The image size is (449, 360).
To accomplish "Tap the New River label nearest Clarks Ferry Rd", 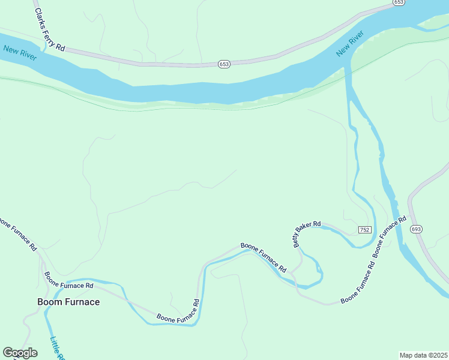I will click(19, 53).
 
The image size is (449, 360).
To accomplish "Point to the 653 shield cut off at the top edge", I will click(399, 2).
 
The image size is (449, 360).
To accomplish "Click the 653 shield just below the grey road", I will click(224, 64).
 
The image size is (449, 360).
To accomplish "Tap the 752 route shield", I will click(364, 230).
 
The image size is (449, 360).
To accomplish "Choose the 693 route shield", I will click(417, 229).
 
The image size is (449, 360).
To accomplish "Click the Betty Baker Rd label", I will click(307, 234).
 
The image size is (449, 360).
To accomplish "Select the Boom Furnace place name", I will click(68, 302).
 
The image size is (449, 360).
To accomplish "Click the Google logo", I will click(20, 353).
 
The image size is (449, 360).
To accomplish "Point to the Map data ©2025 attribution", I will click(423, 355).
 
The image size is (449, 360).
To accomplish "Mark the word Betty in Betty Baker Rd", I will click(297, 240).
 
